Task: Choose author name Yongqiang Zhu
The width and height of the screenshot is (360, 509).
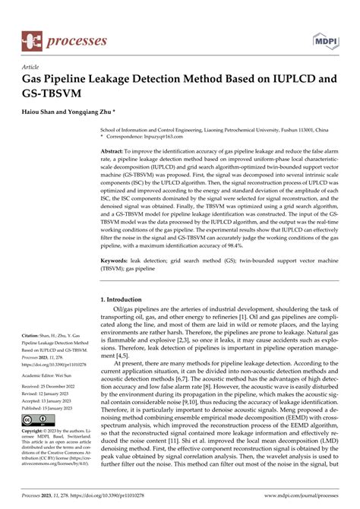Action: [x=96, y=111]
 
